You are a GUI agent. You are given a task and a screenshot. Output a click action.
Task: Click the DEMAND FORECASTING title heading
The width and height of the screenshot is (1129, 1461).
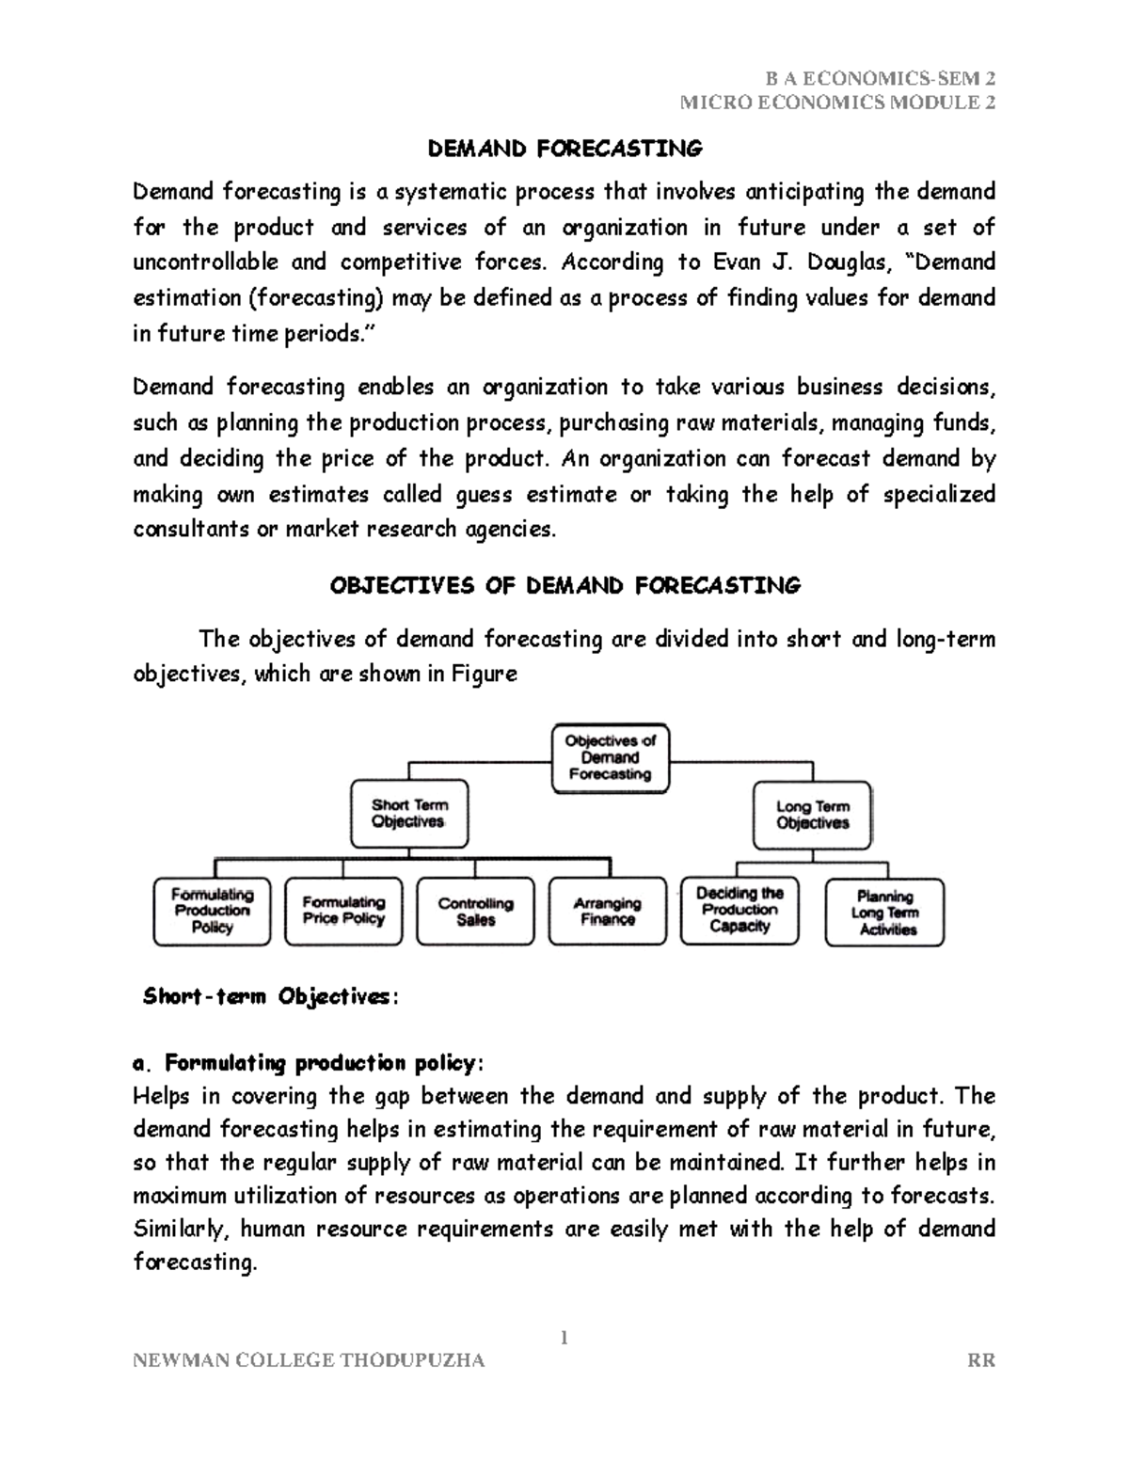coord(564,149)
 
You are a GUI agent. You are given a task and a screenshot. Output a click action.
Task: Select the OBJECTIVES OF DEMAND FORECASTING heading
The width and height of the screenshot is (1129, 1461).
coord(564,586)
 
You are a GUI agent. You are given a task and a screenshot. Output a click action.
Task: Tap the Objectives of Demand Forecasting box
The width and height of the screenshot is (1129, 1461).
coord(610,758)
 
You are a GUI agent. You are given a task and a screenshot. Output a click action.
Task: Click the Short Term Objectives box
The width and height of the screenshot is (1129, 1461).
coord(408,814)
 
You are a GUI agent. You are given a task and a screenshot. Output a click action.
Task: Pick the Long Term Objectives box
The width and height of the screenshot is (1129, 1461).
coord(813,815)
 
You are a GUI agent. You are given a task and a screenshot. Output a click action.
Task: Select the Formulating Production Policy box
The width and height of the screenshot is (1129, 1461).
coord(212,912)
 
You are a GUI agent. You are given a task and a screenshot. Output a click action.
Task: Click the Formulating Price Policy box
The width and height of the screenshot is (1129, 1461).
coord(343,912)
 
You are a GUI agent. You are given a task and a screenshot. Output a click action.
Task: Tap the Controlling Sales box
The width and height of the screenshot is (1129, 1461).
coord(475,912)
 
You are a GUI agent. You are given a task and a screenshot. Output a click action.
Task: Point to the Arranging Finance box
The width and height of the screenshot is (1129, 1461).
coord(607,912)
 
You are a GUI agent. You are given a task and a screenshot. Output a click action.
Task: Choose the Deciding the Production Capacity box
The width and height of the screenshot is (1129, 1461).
coord(739,911)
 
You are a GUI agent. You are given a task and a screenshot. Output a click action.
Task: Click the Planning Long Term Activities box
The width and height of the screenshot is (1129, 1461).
coord(884,913)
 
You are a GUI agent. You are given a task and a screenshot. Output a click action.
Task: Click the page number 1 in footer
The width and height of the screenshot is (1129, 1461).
coord(564,1338)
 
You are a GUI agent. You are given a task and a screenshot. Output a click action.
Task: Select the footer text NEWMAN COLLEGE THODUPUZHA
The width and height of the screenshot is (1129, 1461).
coord(310,1360)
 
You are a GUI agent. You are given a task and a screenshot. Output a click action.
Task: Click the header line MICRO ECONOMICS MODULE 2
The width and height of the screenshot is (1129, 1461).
coord(837,103)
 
